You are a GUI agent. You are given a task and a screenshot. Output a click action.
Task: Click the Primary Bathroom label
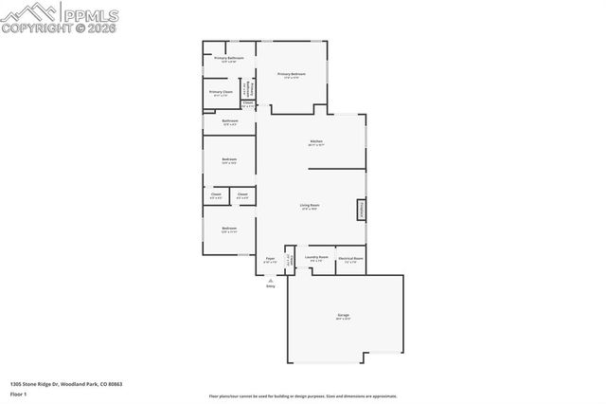pos(229,60)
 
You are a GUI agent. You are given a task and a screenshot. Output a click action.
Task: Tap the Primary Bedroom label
pos(291,74)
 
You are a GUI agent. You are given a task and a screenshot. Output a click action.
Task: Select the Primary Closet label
pos(220,93)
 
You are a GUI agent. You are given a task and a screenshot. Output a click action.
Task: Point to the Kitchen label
pos(315,143)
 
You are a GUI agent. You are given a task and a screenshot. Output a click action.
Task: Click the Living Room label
pos(310,206)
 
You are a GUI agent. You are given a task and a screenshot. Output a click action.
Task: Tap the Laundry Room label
pos(316,258)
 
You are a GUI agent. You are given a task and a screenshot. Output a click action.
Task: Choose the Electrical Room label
pos(351,258)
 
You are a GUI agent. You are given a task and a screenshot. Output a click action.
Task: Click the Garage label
pos(343,316)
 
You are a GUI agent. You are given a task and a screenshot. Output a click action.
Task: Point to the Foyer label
pos(270,259)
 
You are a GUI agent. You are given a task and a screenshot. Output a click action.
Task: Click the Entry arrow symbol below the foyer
pos(270,280)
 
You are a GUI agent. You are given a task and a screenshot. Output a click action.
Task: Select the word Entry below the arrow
pos(270,286)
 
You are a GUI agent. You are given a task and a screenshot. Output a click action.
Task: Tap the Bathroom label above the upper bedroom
pos(229,121)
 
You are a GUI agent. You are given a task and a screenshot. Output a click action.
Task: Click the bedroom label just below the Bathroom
pos(229,159)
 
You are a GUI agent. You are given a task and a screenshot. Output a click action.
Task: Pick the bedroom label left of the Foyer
pos(229,229)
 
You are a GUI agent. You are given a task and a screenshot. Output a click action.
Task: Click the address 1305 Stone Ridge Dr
pos(66,383)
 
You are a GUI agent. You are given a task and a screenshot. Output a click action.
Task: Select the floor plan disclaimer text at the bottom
pos(303,396)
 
